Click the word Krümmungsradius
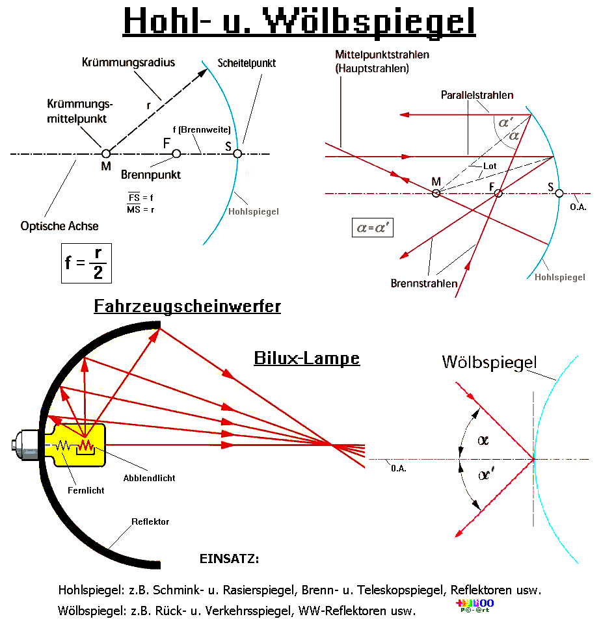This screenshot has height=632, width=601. [129, 62]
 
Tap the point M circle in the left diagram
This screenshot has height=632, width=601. [106, 153]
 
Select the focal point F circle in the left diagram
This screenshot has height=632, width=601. [176, 153]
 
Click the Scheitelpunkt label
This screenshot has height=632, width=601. [247, 63]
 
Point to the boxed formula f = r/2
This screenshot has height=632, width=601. [87, 263]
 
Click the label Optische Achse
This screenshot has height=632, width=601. [60, 226]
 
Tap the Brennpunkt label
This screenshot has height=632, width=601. [151, 174]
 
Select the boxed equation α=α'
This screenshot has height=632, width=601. [371, 228]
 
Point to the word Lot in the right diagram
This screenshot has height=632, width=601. [490, 166]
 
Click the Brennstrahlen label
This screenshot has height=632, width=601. [423, 283]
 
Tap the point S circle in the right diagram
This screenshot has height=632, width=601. [559, 193]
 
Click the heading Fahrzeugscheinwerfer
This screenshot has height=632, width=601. [187, 306]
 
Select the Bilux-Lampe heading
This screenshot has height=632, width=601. [306, 358]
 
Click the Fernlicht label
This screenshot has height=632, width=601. [86, 490]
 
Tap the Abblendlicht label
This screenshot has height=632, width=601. [149, 478]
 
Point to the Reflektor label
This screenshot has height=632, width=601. [150, 521]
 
